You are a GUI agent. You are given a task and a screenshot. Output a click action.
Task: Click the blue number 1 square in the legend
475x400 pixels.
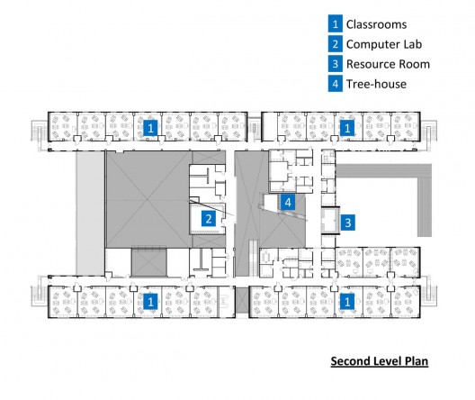(x=335, y=24)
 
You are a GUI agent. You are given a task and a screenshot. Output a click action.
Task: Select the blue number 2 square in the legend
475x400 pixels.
(x=335, y=44)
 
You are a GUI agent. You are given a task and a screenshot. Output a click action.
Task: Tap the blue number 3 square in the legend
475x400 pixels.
(x=335, y=64)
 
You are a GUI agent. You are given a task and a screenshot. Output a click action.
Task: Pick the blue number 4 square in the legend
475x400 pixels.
(x=335, y=84)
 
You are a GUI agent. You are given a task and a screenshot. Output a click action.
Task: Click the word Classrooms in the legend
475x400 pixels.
(x=376, y=24)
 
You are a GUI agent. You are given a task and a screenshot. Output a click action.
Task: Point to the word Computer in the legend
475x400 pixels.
(x=372, y=44)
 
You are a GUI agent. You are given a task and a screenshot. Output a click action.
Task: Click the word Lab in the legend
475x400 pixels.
(x=412, y=44)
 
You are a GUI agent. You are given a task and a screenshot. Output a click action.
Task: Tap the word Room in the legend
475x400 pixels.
(x=415, y=64)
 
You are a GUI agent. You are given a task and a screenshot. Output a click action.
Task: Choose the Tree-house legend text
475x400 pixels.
(x=376, y=84)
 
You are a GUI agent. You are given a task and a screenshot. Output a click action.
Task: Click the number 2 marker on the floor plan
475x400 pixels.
(x=209, y=219)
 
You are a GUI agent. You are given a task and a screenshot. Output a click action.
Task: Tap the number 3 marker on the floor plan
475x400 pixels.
(x=348, y=223)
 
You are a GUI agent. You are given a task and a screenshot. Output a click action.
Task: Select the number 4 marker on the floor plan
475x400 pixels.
(x=288, y=202)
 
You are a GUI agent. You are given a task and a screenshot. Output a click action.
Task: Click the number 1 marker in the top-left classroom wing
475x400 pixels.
(x=150, y=128)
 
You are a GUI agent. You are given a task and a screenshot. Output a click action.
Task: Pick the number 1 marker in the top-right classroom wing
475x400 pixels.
(x=347, y=128)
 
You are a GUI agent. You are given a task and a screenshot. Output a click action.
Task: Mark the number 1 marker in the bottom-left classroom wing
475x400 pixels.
(x=150, y=302)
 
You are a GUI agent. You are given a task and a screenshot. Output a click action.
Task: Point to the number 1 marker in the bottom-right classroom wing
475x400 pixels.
(x=347, y=302)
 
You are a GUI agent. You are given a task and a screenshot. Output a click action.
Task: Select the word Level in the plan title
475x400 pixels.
(x=386, y=361)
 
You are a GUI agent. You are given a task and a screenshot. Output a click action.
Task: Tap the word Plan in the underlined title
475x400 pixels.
(x=416, y=361)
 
